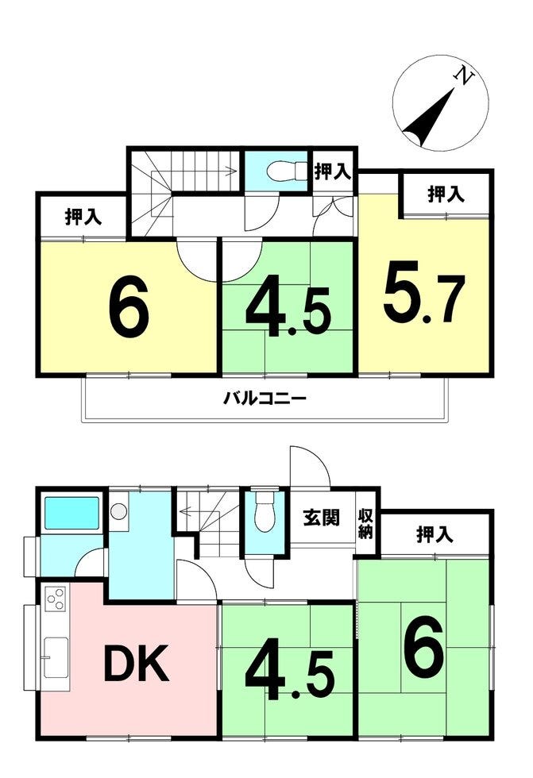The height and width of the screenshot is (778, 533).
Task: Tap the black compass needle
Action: tap(429, 118)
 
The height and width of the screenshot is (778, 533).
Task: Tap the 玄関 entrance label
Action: tap(322, 518)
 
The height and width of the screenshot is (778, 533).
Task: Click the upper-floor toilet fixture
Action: tap(287, 171)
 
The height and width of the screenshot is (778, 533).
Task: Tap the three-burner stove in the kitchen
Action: tap(56, 599)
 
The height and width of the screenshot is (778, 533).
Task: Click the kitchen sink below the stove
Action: tap(56, 657)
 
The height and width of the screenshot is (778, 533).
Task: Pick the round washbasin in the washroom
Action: tap(119, 511)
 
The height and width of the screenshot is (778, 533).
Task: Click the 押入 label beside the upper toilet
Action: tap(333, 171)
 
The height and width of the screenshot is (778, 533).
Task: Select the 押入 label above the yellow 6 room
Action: tap(83, 218)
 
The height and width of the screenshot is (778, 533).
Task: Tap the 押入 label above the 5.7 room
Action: tap(446, 194)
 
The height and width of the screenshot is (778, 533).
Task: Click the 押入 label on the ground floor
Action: tap(435, 534)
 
